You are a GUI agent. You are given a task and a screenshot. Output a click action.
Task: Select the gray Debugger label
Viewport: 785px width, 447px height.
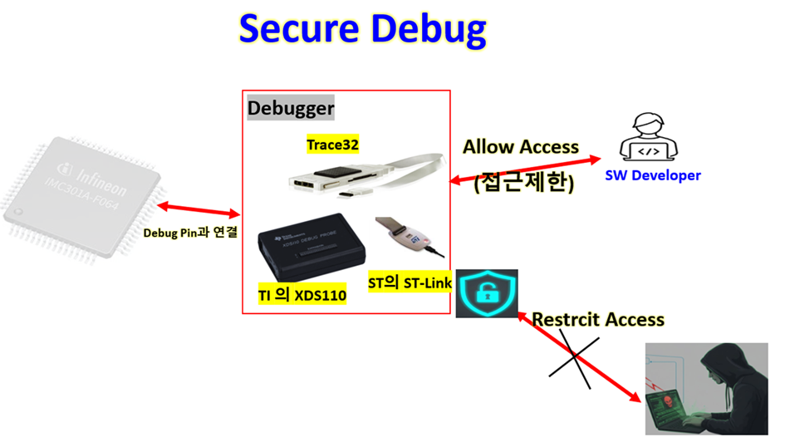point(291,108)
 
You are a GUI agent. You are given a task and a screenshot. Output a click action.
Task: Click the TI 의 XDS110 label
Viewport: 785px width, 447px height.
point(302,295)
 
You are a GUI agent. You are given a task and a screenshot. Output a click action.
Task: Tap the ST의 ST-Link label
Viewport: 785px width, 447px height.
point(410,283)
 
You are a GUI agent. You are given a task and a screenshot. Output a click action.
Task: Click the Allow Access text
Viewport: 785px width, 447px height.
point(521,147)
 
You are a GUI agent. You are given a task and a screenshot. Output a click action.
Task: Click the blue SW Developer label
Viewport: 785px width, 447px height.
point(652,175)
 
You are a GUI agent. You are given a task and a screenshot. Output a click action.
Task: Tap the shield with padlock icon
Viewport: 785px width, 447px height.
point(486,292)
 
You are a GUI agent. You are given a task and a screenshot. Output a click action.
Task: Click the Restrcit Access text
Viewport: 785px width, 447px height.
point(598,319)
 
